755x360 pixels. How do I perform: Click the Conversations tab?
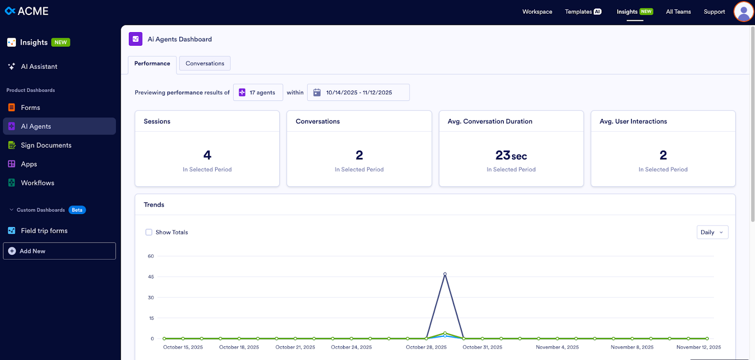tap(205, 64)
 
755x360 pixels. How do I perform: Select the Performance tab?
tap(152, 64)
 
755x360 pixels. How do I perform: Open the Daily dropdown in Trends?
tap(712, 232)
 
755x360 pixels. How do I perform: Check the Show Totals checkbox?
tap(149, 232)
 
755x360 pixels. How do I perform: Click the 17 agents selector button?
tap(258, 92)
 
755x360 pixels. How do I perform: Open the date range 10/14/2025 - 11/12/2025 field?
tap(358, 92)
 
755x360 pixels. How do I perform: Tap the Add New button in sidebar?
tap(59, 251)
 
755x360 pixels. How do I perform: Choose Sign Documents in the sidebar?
tap(46, 145)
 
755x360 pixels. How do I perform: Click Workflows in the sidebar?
tap(37, 183)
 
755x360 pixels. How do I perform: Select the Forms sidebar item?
tap(30, 108)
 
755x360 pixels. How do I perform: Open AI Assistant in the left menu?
tap(39, 67)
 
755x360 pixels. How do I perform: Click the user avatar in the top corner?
tap(743, 11)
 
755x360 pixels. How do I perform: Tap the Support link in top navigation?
tap(714, 12)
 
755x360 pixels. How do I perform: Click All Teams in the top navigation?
tap(678, 12)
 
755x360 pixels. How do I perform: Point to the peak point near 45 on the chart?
tap(445, 274)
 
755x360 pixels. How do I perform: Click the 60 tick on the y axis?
tap(151, 256)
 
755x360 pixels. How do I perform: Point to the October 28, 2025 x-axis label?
tap(426, 347)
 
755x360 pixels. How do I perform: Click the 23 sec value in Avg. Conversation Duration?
tap(511, 155)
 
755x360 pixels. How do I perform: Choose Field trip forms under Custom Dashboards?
tap(44, 231)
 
